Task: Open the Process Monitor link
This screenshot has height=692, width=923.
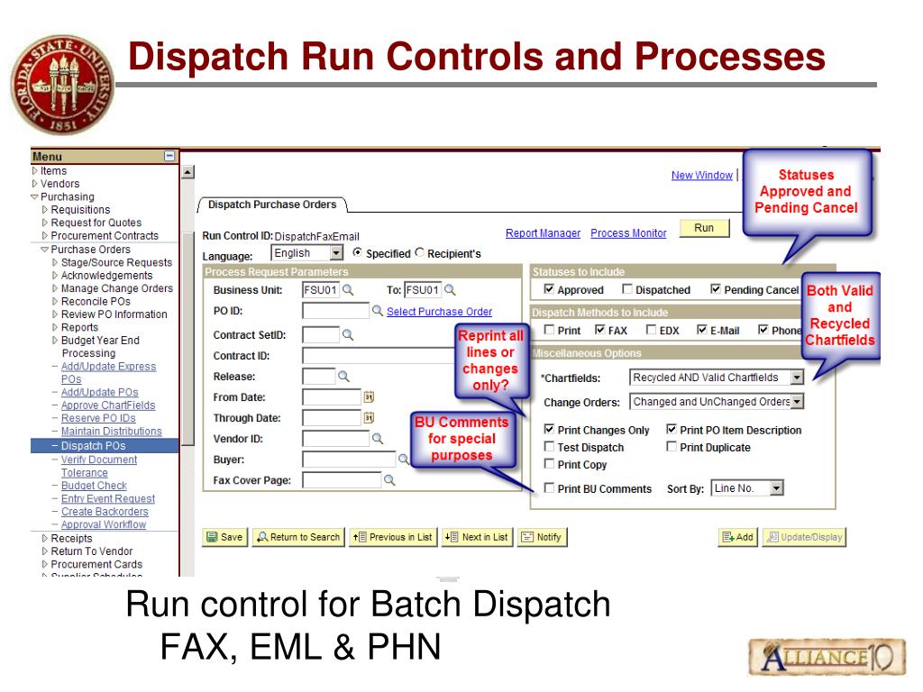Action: tap(628, 233)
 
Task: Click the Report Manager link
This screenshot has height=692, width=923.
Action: tap(543, 233)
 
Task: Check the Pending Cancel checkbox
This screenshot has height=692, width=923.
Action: tap(716, 290)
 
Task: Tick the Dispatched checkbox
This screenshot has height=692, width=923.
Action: tap(627, 290)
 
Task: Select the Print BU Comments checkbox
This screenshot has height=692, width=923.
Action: tap(550, 489)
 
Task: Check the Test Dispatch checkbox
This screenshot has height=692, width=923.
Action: tap(550, 447)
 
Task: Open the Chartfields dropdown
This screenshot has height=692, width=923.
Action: tap(797, 378)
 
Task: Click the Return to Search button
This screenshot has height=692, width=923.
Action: tap(298, 537)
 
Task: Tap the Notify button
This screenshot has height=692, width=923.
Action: tap(542, 537)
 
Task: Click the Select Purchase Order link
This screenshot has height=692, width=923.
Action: tap(439, 312)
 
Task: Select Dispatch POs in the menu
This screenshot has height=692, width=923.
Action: tap(94, 446)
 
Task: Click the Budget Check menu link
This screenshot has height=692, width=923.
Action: tap(94, 486)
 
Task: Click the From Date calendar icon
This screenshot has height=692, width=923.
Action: tap(368, 396)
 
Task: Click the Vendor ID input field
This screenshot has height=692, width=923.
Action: tap(335, 439)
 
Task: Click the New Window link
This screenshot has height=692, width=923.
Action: tap(702, 176)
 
